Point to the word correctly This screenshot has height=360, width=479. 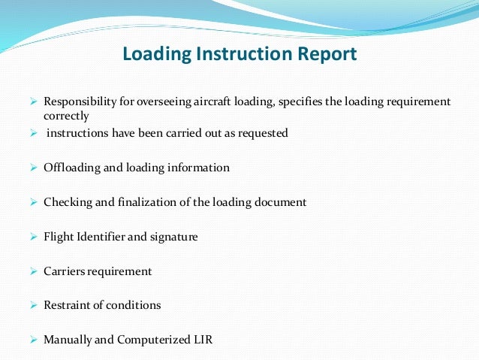(66, 116)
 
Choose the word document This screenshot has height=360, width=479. (279, 202)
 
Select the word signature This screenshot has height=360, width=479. (174, 237)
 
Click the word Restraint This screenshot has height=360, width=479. (68, 306)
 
